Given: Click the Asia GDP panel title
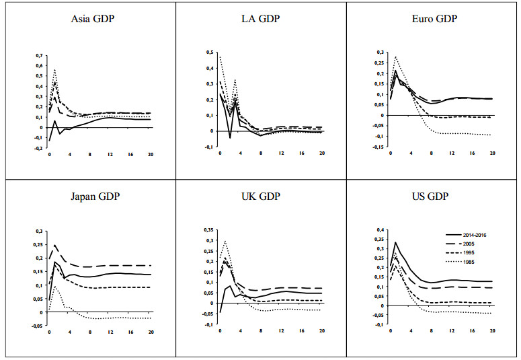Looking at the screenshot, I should pos(93,19).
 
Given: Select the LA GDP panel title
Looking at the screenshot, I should pos(263,19).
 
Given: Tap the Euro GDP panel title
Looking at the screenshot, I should pos(434,19).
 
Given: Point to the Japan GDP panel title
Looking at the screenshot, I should pos(93,197).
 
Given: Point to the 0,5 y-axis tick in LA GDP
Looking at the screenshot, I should pos(209,52).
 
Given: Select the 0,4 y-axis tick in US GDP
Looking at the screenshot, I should pos(380,230).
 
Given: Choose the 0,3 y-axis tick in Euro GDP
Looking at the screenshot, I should pos(380,52).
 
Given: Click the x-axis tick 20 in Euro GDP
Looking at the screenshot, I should pos(492,153).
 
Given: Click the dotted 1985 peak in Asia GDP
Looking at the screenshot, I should pos(54,69).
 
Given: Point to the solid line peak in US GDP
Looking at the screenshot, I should pos(395,242).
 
